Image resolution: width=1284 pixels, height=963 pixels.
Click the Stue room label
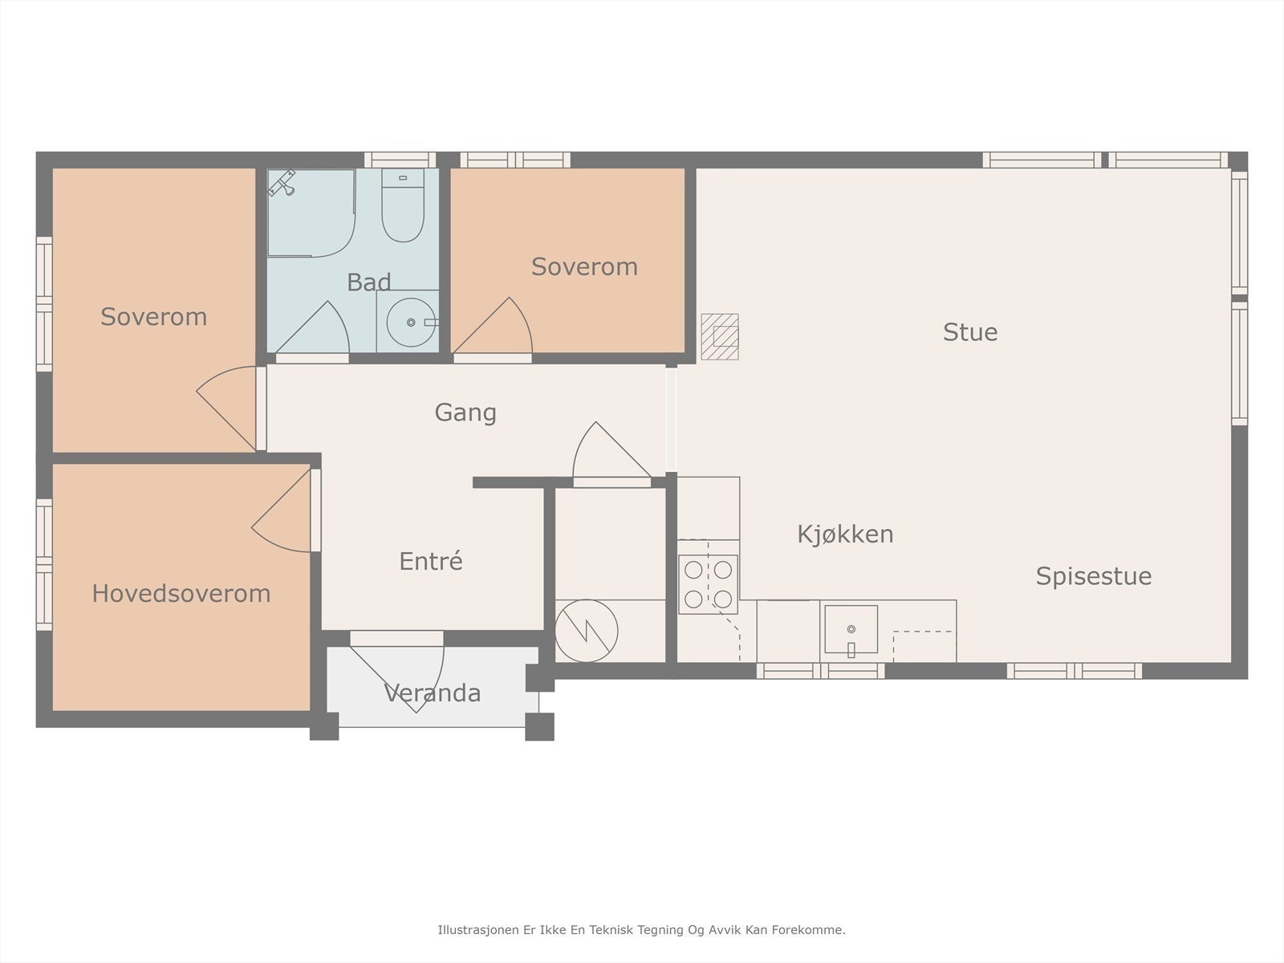pyautogui.click(x=970, y=331)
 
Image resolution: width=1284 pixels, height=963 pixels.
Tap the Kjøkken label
pyautogui.click(x=845, y=534)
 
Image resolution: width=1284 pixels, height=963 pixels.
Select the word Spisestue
pyautogui.click(x=1093, y=576)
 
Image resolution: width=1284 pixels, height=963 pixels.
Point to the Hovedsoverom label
pyautogui.click(x=181, y=594)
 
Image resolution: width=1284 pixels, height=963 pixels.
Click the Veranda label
pyautogui.click(x=433, y=693)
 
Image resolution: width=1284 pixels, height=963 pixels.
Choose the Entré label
pyautogui.click(x=430, y=561)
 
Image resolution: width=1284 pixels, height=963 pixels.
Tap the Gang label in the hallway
pyautogui.click(x=465, y=412)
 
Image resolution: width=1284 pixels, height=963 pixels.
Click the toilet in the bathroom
pyautogui.click(x=403, y=205)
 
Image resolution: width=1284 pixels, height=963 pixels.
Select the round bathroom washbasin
pyautogui.click(x=411, y=322)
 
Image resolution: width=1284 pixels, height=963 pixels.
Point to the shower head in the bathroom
pyautogui.click(x=282, y=182)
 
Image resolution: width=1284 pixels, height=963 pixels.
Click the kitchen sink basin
pyautogui.click(x=851, y=629)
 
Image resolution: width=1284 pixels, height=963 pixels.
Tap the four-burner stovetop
pyautogui.click(x=708, y=584)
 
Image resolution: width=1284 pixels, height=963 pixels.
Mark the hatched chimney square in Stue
pyautogui.click(x=720, y=336)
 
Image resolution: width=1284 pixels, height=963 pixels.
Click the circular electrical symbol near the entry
pyautogui.click(x=586, y=631)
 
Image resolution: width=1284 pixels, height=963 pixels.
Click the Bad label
pyautogui.click(x=368, y=282)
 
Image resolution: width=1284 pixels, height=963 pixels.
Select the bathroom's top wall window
pyautogui.click(x=400, y=160)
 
